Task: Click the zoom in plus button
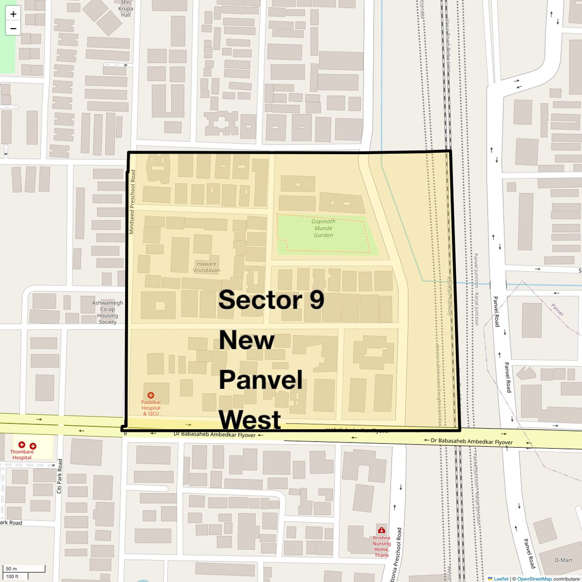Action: pos(13,14)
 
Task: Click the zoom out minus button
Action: pos(13,29)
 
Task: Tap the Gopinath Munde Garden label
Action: pos(323,228)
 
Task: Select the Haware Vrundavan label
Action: pos(206,267)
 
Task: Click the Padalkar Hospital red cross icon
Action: pos(151,395)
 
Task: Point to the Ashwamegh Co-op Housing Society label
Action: pos(107,312)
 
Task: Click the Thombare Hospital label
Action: pos(22,454)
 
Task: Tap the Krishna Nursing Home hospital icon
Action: pos(381,529)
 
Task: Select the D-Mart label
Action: pos(563,560)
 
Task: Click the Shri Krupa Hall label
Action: pos(126,9)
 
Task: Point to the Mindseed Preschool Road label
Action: pos(132,202)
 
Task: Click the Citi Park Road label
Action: pos(59,476)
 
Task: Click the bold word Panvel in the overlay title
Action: pos(261,380)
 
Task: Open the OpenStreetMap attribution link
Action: pos(534,578)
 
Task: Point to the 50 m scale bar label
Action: pos(11,569)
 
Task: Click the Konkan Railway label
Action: pos(450,296)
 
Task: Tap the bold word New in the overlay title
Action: pos(247,340)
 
